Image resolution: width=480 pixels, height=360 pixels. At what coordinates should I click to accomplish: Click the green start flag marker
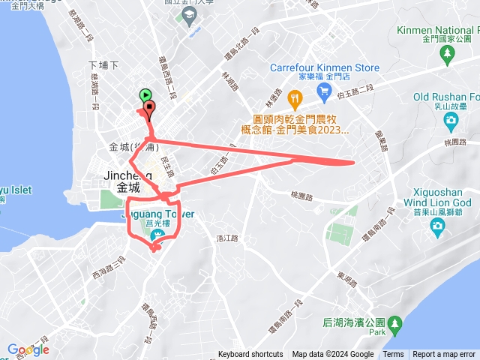click(144, 96)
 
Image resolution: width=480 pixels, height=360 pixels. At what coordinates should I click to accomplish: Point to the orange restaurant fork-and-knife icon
click(295, 97)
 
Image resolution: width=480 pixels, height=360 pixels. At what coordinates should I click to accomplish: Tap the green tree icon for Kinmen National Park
click(448, 53)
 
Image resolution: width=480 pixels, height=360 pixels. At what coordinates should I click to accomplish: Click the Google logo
click(28, 349)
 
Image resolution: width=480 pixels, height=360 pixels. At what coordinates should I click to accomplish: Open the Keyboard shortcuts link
click(250, 355)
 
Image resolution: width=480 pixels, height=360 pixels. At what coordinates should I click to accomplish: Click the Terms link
click(393, 355)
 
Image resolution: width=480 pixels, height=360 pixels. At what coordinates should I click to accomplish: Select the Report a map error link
click(444, 355)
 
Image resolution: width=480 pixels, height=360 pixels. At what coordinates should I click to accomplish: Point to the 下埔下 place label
click(103, 65)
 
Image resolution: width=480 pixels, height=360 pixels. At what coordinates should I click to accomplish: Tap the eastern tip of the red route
click(353, 161)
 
